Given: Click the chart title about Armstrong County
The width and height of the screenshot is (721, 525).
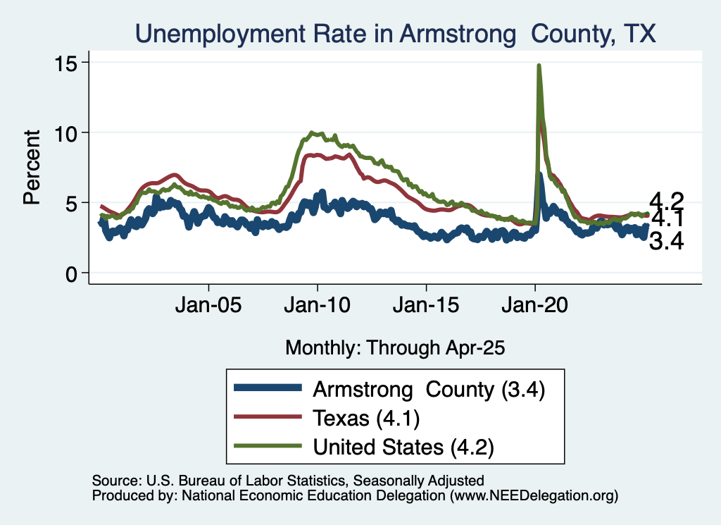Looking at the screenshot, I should tap(396, 33).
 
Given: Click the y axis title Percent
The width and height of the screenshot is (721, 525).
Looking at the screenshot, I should tap(31, 167).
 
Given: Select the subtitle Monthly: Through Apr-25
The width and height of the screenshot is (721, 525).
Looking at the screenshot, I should tap(395, 347).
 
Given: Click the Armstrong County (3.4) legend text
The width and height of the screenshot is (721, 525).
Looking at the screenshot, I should tap(430, 389).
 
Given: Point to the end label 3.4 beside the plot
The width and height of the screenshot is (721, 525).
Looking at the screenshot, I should tap(666, 243).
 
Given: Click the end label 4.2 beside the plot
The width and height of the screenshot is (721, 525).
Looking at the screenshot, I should tap(666, 200).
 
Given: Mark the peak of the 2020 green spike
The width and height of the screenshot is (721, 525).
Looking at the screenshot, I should tap(539, 66).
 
